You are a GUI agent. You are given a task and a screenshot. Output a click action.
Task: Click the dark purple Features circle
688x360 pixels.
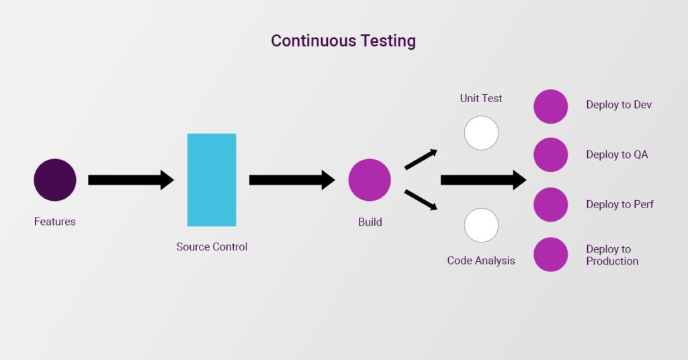pos(55,180)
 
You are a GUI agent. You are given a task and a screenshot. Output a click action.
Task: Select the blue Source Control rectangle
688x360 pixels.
pos(212,180)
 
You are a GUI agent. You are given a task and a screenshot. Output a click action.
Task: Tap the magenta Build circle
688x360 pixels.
pos(370,180)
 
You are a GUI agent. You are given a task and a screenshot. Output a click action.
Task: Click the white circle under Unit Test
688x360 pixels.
pos(481,133)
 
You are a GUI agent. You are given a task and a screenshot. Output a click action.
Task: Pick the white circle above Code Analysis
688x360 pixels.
pos(481,225)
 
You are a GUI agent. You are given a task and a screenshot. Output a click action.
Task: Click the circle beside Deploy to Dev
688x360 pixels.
pos(551,107)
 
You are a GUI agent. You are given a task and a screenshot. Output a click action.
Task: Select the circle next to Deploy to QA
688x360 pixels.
pos(551,154)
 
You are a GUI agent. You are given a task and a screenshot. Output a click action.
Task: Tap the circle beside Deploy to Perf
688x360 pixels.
pos(551,205)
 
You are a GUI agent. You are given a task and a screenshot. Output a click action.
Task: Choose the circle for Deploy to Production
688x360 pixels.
pos(551,255)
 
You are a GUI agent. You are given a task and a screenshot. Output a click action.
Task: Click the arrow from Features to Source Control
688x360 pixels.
pos(131,180)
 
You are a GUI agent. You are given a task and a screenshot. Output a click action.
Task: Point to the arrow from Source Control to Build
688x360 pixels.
pos(292,180)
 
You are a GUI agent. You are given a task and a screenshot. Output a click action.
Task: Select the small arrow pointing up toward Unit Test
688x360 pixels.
pos(421,159)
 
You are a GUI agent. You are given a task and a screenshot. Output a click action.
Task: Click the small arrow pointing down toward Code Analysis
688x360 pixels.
pos(421,200)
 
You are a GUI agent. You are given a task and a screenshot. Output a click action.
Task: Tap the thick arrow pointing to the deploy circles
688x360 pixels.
pos(483,180)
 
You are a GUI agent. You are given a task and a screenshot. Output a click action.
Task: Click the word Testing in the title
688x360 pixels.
pos(388,41)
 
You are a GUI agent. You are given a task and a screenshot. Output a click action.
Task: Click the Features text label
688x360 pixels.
pos(55,222)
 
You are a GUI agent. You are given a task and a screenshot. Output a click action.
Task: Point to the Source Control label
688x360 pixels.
pos(212,247)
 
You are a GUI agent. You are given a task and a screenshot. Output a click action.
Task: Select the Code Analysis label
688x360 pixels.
pos(481,261)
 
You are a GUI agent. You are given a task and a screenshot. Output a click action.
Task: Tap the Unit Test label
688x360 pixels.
pos(481,98)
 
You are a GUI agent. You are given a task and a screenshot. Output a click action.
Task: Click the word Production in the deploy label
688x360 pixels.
pos(612,261)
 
